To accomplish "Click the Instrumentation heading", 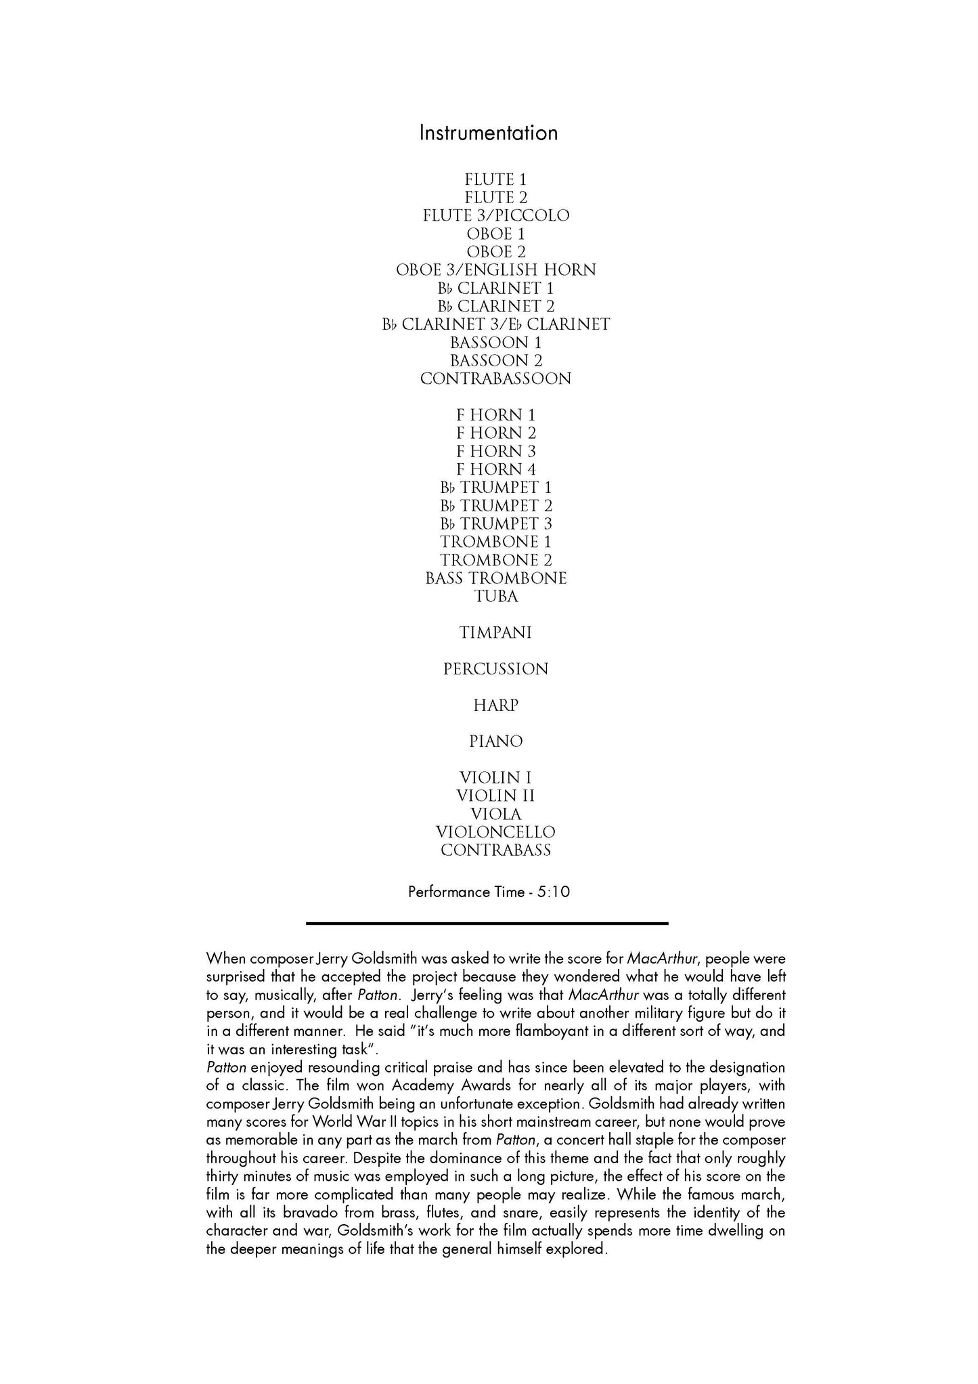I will pos(488,133).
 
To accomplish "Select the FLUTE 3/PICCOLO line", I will pos(495,216).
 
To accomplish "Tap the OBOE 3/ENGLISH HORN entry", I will pos(495,270).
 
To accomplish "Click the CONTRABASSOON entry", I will pos(495,379).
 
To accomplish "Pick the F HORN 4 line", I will pos(495,470).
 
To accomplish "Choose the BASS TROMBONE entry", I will pos(495,579).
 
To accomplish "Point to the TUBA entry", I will pos(495,597).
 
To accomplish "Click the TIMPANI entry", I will pos(495,633).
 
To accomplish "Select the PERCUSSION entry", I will pos(495,670).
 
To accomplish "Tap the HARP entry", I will pos(495,706).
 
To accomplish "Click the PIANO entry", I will pos(495,742).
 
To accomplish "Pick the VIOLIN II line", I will pos(495,796).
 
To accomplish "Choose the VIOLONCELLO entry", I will pos(495,833).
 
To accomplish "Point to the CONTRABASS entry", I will pos(495,851).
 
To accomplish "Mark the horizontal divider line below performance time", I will pos(487,923).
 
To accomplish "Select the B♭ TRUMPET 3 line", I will pos(495,524).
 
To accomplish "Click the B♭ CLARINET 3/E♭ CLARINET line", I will pos(495,325).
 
